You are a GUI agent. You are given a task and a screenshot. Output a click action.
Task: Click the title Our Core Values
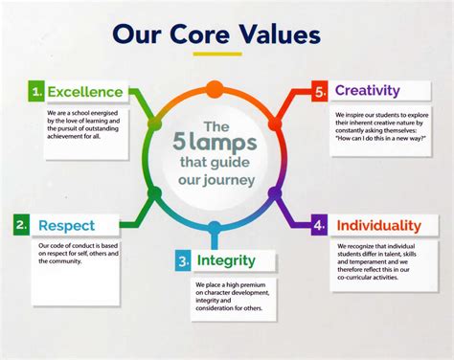click(216, 34)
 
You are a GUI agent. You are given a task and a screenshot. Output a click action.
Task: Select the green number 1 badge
click(35, 92)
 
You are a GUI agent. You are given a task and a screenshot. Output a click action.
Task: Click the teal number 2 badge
click(20, 226)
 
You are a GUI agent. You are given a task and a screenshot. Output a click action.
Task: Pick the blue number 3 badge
click(182, 260)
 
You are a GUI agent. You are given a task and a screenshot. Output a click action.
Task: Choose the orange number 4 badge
click(319, 226)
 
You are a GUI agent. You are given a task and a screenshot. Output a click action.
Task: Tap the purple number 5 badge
click(320, 91)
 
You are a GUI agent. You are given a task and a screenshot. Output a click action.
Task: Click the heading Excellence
click(86, 92)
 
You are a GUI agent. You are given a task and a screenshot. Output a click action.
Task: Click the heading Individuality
click(378, 226)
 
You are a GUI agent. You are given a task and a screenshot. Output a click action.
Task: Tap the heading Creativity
click(367, 91)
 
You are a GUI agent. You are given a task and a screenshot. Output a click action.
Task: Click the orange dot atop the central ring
click(214, 89)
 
